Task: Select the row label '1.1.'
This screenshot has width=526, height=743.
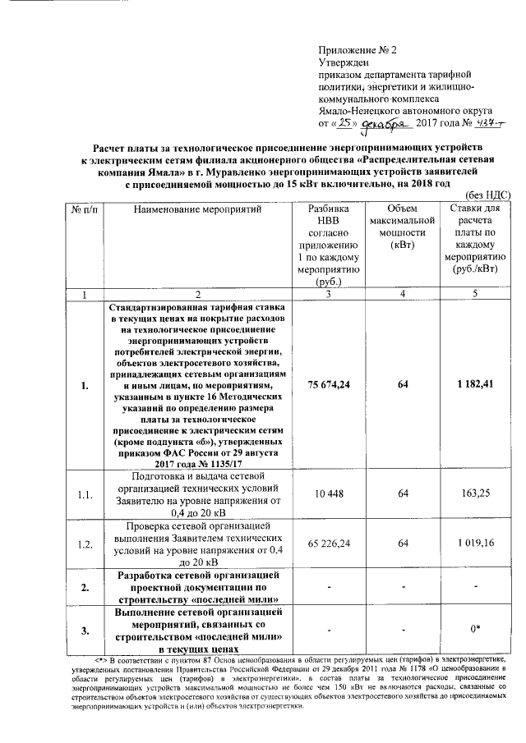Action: coord(79,493)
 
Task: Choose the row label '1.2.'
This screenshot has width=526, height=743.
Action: coord(79,543)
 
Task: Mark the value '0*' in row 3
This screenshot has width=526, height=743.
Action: coord(477,629)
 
